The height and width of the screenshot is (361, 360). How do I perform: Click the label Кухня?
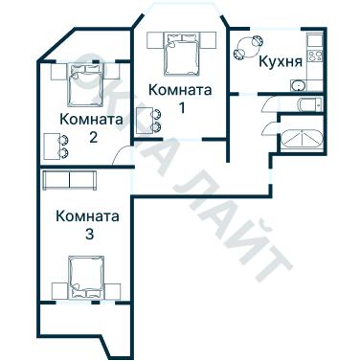point(281,64)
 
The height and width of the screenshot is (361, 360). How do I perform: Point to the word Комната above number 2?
point(91,120)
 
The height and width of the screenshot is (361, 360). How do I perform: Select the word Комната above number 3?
point(87,216)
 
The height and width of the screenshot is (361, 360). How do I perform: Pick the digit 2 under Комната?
point(92,137)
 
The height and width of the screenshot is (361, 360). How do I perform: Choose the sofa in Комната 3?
point(70,181)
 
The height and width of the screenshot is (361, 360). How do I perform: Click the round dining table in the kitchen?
point(252,45)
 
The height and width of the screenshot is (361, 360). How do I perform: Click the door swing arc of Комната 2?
point(119,157)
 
